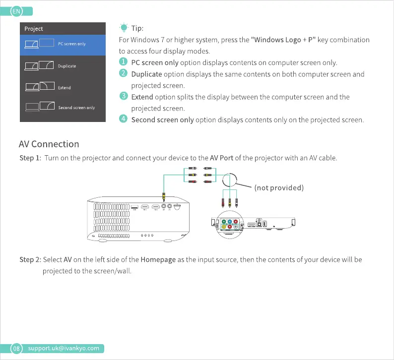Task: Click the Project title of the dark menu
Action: (34, 29)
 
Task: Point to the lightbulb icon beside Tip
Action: (124, 28)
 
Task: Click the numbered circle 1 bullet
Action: (124, 62)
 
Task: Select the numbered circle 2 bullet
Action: (124, 74)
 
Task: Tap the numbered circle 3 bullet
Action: (124, 96)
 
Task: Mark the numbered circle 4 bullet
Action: (124, 120)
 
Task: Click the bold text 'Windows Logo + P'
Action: (283, 40)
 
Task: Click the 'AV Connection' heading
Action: (49, 144)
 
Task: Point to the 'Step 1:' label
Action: (30, 158)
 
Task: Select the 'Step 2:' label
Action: (30, 260)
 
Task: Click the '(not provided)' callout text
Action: (278, 187)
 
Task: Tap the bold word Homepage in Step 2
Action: (158, 260)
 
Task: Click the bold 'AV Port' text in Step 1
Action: (221, 158)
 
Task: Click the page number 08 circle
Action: (16, 348)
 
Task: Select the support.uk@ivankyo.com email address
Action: (63, 348)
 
